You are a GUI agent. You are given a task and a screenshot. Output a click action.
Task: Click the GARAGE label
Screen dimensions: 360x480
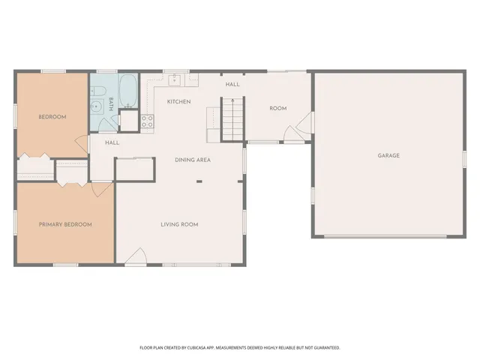pos(388,156)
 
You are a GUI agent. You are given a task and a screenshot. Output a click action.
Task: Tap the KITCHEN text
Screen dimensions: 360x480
pos(178,102)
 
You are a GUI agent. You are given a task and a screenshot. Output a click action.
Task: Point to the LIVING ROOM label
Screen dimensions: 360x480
pos(179,224)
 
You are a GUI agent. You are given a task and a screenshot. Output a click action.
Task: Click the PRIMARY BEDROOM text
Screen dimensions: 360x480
pos(65,224)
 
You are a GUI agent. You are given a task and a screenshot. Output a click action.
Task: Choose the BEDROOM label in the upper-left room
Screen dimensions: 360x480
pos(52,117)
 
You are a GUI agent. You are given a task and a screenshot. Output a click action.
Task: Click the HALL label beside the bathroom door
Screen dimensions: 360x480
pos(112,142)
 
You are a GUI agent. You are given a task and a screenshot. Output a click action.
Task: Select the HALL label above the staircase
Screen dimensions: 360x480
pos(232,85)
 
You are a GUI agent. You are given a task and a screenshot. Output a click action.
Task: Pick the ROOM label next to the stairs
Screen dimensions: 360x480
pos(278,109)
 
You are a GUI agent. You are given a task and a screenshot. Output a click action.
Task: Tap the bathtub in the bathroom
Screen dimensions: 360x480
pos(127,90)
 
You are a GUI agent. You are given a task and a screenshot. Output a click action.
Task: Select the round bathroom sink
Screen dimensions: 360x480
pos(96,107)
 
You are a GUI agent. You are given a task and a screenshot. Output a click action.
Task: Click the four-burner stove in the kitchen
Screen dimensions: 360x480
pos(147,119)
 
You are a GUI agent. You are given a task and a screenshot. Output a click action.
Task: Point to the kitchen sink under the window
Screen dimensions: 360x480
pos(175,78)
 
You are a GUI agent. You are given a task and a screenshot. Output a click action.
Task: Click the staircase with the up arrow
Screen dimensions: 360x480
pos(232,118)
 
